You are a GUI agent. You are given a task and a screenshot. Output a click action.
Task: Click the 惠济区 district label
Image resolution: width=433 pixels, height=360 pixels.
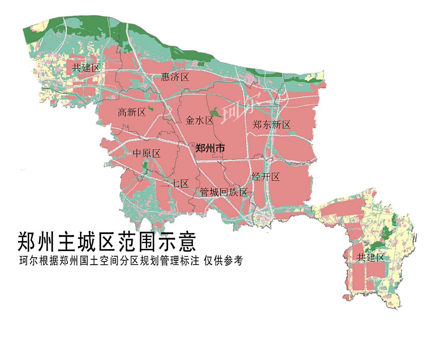[175, 77]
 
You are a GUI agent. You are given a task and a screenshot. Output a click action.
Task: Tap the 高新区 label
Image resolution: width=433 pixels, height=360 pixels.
[131, 112]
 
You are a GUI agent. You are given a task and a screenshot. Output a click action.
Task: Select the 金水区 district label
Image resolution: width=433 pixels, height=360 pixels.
[199, 120]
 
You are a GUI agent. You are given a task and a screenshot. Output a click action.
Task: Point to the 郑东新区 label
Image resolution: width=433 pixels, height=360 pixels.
[271, 125]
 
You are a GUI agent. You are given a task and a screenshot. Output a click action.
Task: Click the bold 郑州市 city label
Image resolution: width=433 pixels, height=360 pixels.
[210, 148]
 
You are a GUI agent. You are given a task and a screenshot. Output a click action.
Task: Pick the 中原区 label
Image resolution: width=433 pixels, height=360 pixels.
[147, 154]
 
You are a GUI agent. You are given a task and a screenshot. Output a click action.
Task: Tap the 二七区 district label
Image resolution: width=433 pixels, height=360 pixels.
[175, 184]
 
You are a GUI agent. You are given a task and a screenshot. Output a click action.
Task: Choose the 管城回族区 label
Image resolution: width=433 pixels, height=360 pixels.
[224, 193]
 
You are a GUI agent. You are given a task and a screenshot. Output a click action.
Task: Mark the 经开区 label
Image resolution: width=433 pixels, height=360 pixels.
[265, 177]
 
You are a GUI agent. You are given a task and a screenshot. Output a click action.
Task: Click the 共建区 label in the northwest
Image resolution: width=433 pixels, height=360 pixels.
[85, 67]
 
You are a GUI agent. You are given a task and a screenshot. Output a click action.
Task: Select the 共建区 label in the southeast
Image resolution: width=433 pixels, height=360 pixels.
[370, 257]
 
